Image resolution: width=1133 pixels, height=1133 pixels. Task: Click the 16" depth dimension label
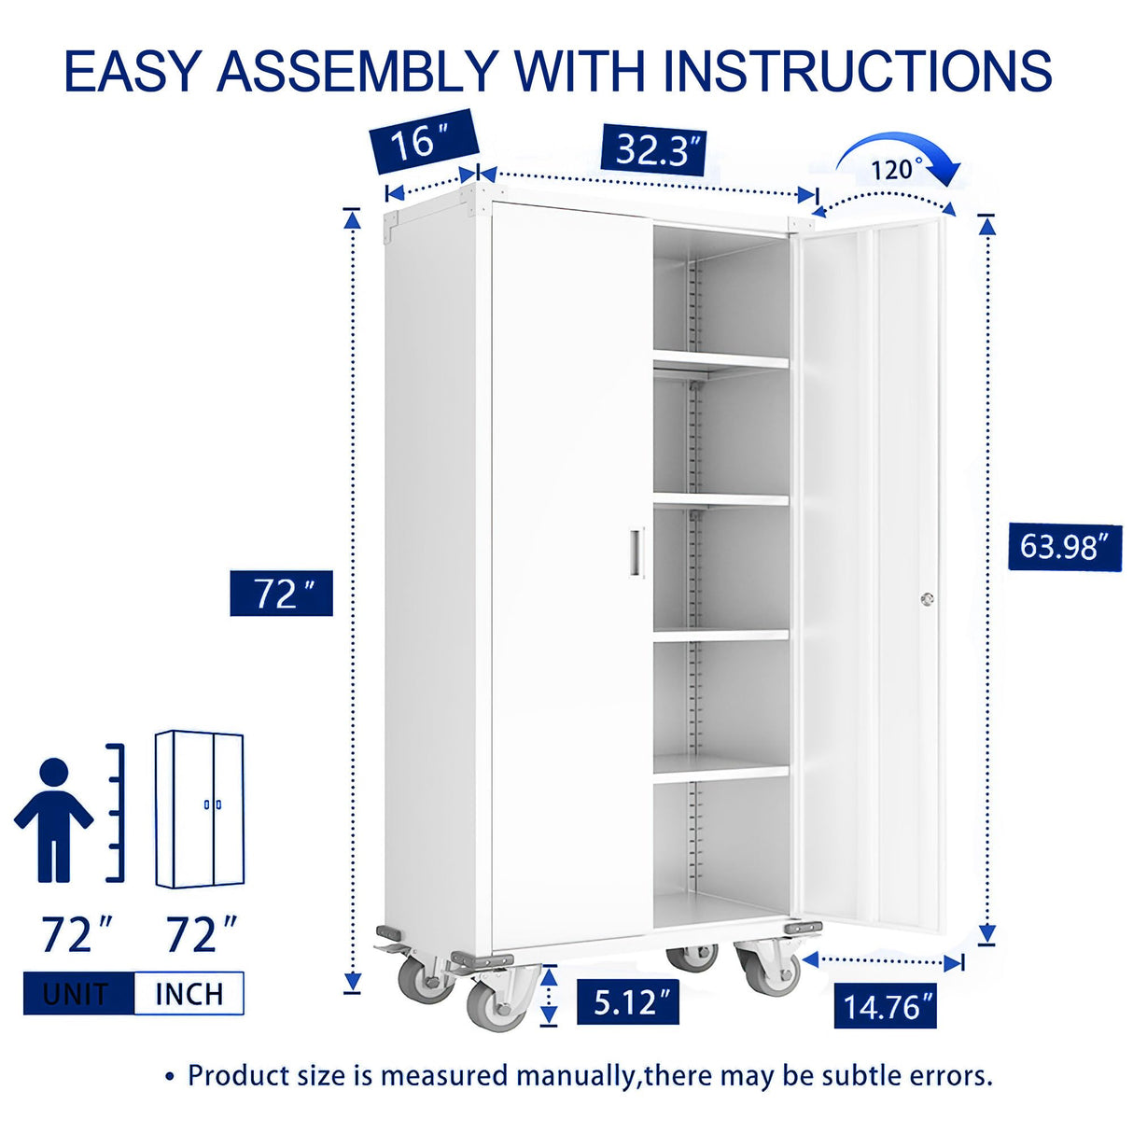tap(424, 143)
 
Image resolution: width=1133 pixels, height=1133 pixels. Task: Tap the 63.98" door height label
tap(1064, 546)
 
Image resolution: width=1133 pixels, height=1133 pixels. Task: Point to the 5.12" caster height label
tap(627, 1002)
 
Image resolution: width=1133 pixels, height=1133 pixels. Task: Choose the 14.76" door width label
tap(885, 1006)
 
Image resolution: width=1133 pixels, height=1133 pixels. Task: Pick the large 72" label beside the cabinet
tap(281, 594)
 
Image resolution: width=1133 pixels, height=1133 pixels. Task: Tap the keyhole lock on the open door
tap(926, 599)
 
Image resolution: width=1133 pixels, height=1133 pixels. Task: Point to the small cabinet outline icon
tap(200, 809)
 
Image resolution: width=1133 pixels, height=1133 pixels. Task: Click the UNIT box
tap(78, 993)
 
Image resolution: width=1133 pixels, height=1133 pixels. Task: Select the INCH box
tap(189, 993)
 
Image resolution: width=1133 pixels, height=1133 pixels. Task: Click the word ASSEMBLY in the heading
tap(357, 71)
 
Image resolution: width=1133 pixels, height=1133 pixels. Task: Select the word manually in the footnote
tap(574, 1075)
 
